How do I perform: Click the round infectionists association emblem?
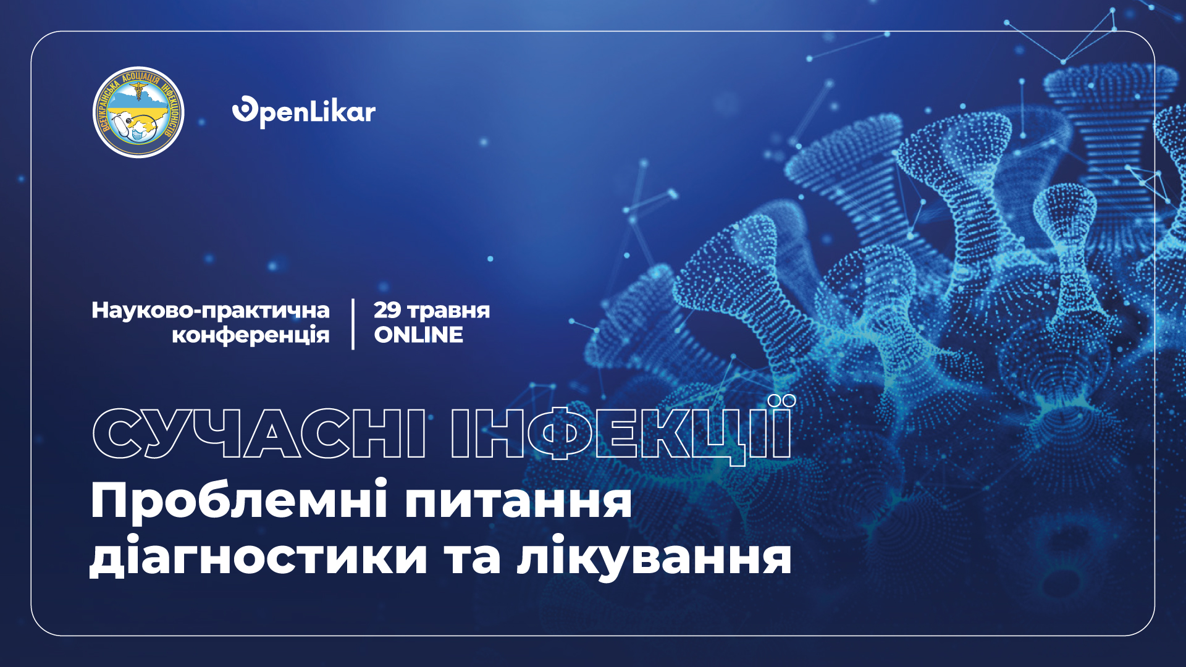click(x=138, y=112)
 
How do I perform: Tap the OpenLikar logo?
click(x=304, y=112)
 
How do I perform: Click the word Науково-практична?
click(x=211, y=311)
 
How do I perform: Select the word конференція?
click(x=251, y=335)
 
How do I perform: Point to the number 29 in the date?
click(x=387, y=309)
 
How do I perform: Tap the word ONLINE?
click(x=418, y=335)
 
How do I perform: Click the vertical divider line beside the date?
click(x=353, y=324)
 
